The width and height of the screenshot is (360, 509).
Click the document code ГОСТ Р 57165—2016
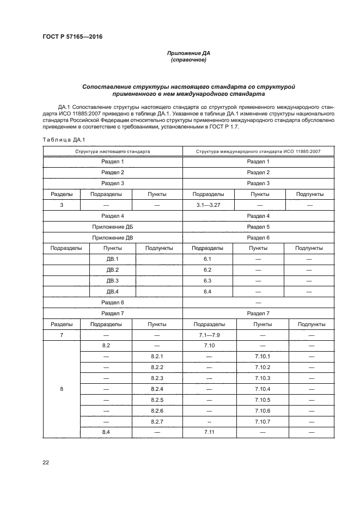click(x=72, y=36)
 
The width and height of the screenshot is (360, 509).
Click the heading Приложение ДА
click(x=188, y=53)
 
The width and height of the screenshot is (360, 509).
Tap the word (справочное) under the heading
click(x=188, y=60)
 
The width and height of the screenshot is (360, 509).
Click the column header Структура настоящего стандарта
click(x=112, y=151)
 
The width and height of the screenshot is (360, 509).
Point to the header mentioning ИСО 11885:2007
click(x=258, y=151)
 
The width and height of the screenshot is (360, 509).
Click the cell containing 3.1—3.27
click(x=207, y=205)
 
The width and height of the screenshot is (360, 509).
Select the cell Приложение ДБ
click(x=112, y=226)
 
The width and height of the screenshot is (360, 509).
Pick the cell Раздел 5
click(x=258, y=226)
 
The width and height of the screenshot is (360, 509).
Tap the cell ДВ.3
click(x=112, y=280)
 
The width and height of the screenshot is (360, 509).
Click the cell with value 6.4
click(x=207, y=291)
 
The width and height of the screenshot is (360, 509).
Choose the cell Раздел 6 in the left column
click(x=112, y=302)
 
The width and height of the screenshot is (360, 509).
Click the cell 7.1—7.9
click(x=207, y=335)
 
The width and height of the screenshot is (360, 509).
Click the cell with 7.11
click(x=207, y=432)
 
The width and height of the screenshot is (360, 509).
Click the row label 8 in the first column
click(x=61, y=389)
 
